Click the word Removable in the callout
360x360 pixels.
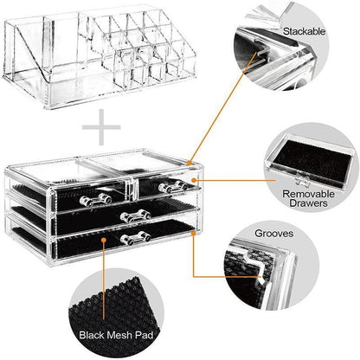[309, 195]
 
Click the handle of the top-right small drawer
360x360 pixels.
[166, 184]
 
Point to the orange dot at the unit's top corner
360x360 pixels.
[189, 161]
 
